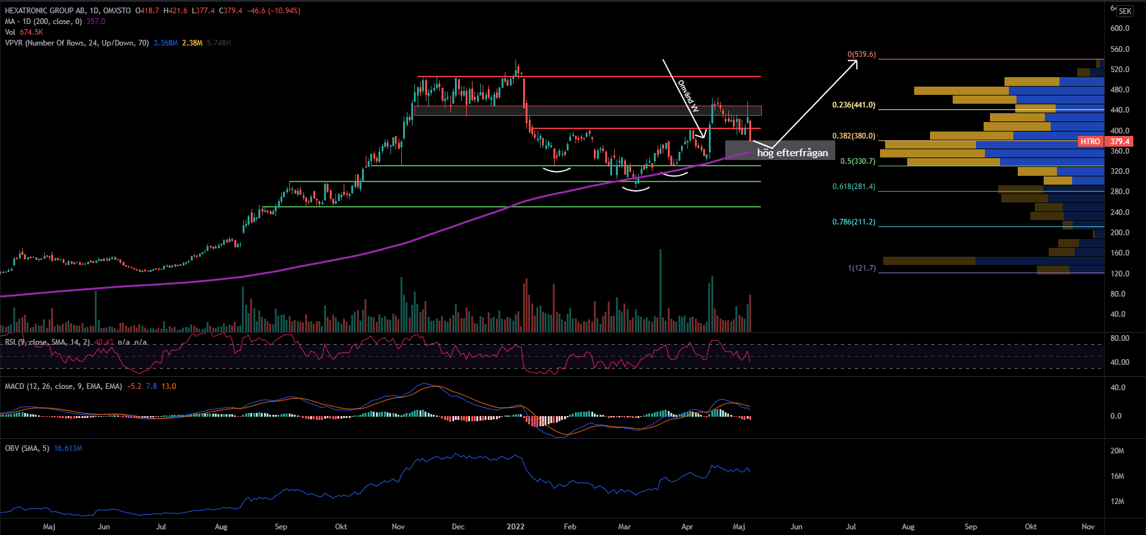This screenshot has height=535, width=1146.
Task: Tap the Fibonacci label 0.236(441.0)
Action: pos(853,105)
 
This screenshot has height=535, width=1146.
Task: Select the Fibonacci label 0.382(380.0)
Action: pos(853,136)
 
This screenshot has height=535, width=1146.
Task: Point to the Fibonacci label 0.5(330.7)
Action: pos(857,161)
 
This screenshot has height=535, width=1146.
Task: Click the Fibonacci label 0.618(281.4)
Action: pos(853,187)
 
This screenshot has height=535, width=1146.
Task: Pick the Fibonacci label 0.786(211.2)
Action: pos(853,222)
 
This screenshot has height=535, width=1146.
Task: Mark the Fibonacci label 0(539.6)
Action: pos(862,54)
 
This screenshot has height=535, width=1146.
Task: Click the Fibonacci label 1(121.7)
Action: pos(862,268)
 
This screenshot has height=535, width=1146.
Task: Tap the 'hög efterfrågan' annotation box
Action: pos(792,152)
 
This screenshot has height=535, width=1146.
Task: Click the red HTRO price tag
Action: pos(1090,142)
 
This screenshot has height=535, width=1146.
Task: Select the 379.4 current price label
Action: pos(1119,142)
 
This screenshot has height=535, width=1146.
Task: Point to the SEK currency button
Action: pos(1125,11)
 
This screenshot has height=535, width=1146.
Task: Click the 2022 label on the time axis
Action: pos(516,526)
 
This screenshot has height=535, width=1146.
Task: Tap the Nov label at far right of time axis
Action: pos(1088,526)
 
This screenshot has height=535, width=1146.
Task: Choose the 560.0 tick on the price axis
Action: pos(1119,49)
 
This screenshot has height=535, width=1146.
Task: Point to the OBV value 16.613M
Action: pos(68,448)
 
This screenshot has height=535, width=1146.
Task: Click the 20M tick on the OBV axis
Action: pos(1117,451)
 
